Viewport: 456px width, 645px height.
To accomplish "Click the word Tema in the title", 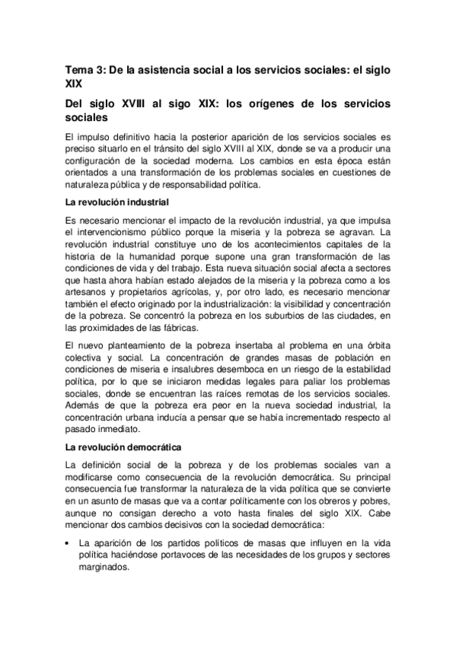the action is tap(79, 69).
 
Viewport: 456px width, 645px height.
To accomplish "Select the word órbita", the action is tap(375, 348).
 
